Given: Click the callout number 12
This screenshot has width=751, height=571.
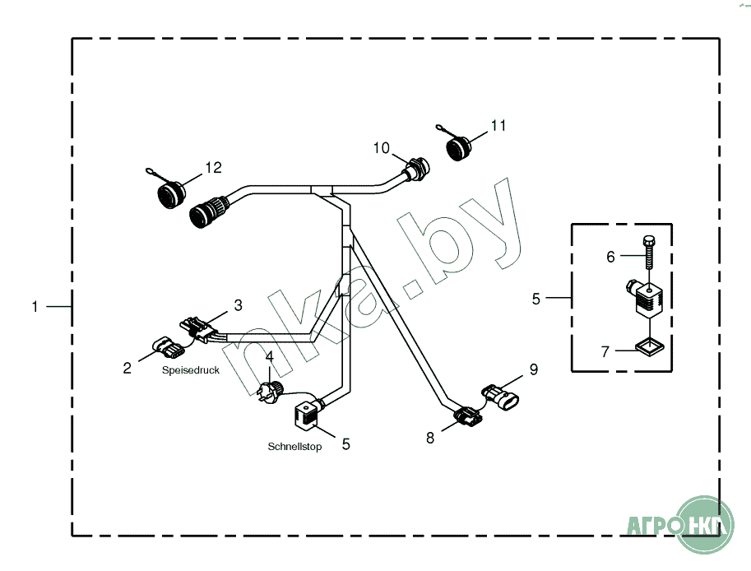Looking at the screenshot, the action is (213, 168).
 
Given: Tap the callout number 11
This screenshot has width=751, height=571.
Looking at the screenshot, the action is (498, 125).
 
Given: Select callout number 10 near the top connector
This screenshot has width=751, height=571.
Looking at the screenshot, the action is (381, 148).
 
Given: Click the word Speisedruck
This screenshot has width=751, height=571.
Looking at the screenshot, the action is (190, 371).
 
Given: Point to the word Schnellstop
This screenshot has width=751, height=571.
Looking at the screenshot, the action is (294, 447).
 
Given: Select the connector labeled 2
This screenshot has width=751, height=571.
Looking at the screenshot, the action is (165, 349).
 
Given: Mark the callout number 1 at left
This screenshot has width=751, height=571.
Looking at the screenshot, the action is (35, 307).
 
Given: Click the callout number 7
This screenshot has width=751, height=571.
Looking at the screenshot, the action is (605, 352).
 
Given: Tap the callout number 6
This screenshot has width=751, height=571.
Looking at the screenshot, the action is (610, 257).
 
